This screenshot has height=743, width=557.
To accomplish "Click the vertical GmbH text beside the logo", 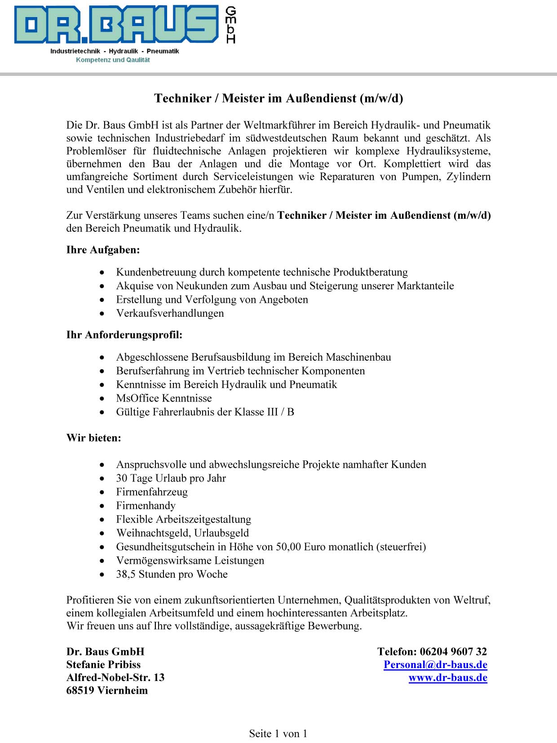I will (x=230, y=25).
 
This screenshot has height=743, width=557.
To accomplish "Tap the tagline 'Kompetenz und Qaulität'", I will (x=113, y=60).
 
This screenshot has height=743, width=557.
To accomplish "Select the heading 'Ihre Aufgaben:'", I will (x=103, y=250).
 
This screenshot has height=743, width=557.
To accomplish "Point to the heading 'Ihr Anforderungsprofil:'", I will (x=124, y=335).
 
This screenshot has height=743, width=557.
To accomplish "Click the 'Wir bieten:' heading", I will (x=93, y=438).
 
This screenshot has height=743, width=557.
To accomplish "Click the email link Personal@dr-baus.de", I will (x=435, y=664).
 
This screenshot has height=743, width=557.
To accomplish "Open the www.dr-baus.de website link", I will (x=448, y=677).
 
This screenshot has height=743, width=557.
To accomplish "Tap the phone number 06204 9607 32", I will (x=453, y=651).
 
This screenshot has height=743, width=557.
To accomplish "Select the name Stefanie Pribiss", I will (x=103, y=664).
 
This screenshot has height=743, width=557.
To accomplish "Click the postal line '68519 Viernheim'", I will (x=107, y=690).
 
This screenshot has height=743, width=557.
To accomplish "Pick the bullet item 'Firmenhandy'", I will (x=146, y=505).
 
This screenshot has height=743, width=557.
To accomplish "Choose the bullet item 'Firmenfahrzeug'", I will (x=152, y=492).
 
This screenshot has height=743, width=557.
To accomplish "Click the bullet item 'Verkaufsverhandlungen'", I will (x=170, y=313).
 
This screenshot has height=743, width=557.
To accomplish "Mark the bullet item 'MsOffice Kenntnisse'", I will (x=164, y=398).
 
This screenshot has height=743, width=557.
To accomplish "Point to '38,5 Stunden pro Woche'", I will (x=172, y=574).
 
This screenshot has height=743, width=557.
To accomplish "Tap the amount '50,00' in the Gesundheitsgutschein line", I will (x=288, y=547).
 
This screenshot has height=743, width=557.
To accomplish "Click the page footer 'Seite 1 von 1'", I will (x=278, y=734).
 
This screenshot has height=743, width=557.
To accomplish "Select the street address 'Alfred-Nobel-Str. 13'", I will (x=115, y=677).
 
